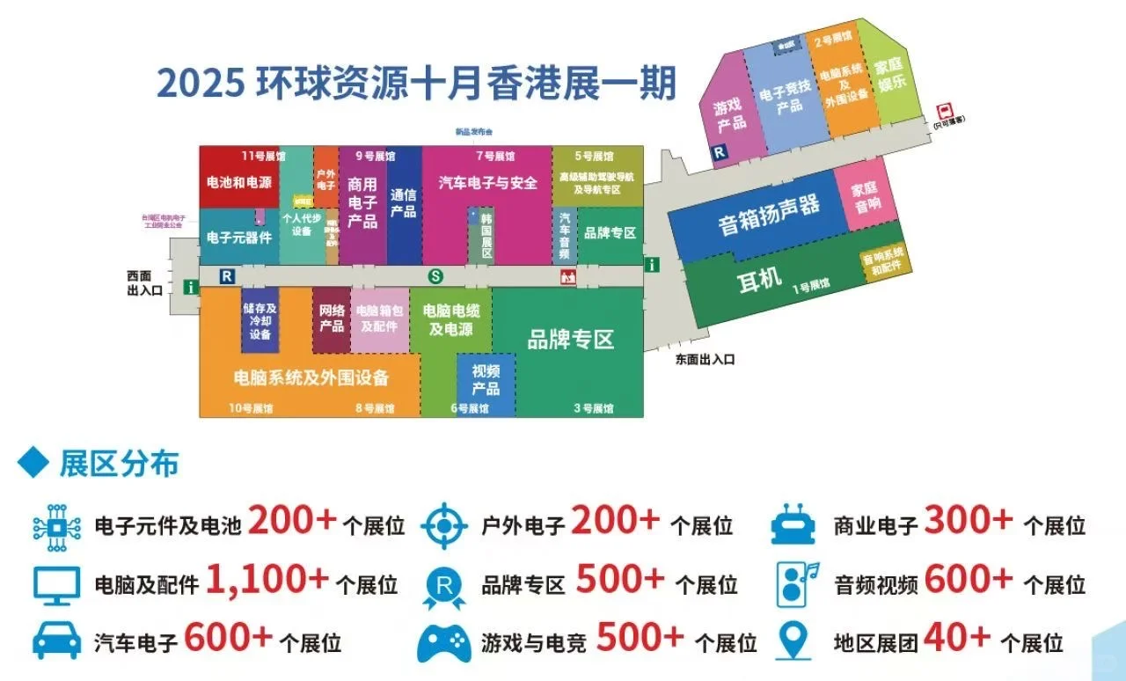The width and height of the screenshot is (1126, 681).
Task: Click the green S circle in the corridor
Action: [435, 276]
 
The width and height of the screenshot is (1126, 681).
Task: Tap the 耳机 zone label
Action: [758, 279]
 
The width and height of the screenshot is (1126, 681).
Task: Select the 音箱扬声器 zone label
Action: [769, 215]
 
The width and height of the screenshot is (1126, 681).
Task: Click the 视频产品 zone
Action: [486, 379]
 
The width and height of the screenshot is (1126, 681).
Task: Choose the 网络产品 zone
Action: [332, 318]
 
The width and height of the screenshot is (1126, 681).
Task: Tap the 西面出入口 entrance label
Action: [145, 283]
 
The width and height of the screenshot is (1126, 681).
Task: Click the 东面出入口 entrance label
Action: [705, 359]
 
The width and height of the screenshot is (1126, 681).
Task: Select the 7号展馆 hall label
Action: [495, 157]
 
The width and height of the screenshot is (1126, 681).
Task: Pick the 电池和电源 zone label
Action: [238, 183]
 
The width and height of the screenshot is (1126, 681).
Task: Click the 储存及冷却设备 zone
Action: [260, 321]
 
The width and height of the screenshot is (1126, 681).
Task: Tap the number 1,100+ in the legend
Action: [267, 579]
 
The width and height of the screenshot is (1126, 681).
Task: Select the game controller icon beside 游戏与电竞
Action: [444, 641]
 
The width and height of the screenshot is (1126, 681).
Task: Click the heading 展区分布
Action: [119, 465]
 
